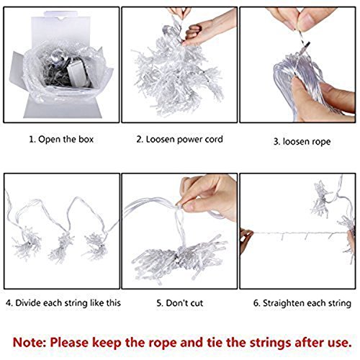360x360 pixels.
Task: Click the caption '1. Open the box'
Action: (x=61, y=140)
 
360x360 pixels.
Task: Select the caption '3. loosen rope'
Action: (x=302, y=142)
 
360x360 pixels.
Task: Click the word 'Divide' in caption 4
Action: (x=28, y=303)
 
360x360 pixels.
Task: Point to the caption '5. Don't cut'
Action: (x=180, y=303)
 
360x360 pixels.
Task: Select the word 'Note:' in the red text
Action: (x=30, y=342)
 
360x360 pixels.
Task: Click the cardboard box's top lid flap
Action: (x=60, y=29)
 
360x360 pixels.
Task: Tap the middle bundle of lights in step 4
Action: (x=60, y=247)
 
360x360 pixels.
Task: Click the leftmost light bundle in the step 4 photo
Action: (x=27, y=243)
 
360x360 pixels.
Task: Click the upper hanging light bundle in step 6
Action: (x=320, y=199)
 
